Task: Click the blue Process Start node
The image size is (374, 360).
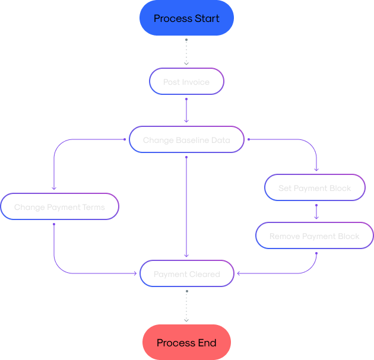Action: (x=186, y=18)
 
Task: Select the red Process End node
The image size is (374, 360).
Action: (x=186, y=343)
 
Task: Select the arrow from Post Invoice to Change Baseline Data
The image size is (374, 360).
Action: (x=186, y=110)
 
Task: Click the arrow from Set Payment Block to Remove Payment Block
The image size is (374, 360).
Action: (x=316, y=212)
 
